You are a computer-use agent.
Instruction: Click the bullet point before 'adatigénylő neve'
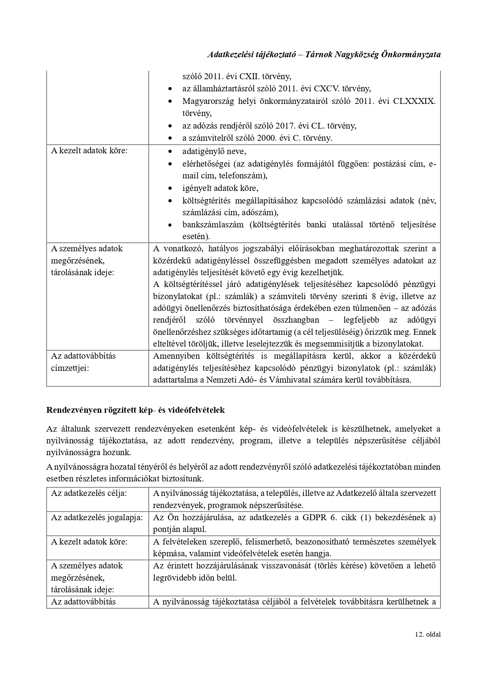(x=170, y=152)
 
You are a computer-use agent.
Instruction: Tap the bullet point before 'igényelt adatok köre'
(x=170, y=189)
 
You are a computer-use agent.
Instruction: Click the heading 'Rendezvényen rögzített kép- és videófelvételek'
(x=135, y=410)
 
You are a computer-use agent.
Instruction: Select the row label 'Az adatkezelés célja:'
(x=89, y=493)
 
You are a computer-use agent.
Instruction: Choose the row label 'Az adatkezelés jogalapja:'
(x=97, y=517)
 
